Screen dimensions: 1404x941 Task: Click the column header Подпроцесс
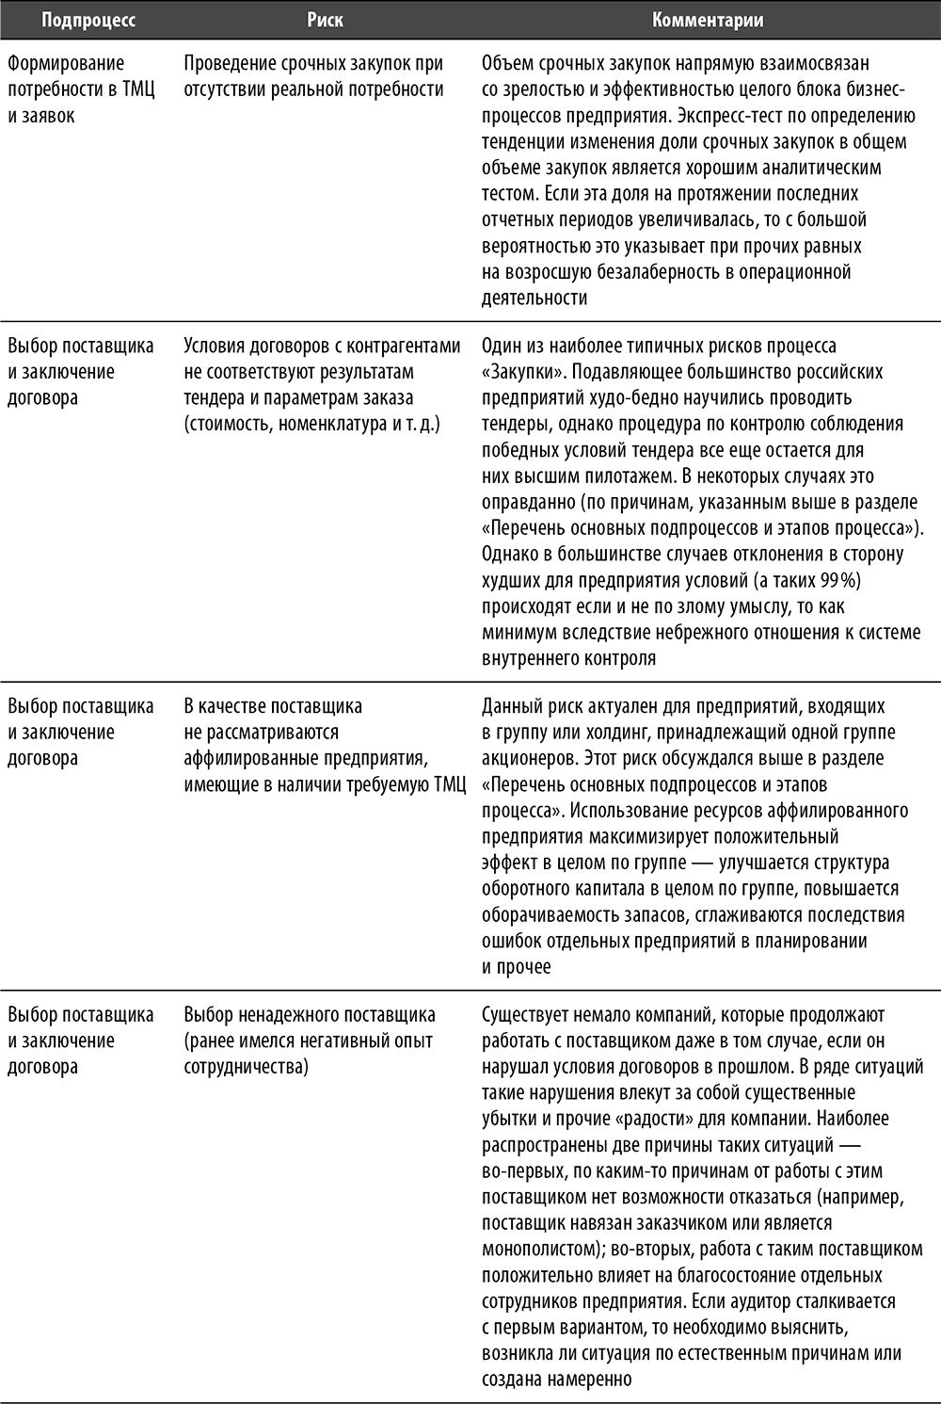click(88, 19)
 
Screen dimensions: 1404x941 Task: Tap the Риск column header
click(325, 19)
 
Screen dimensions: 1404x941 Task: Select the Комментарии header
click(708, 19)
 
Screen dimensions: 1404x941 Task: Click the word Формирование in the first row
click(66, 64)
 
